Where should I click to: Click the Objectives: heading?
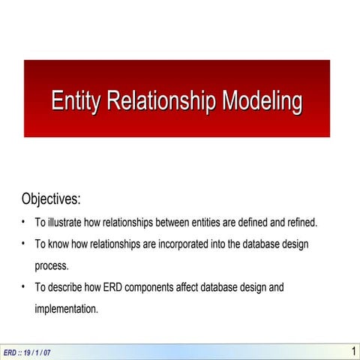tap(51, 199)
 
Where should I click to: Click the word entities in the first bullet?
tap(212, 223)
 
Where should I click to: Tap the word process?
tap(52, 265)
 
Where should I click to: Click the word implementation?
tap(66, 308)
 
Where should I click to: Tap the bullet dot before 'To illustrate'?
tap(24, 223)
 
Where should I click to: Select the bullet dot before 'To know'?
tap(24, 244)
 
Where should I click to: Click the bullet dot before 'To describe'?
tap(24, 287)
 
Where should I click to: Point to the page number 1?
tap(353, 351)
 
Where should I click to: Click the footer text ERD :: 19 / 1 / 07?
tap(27, 352)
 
